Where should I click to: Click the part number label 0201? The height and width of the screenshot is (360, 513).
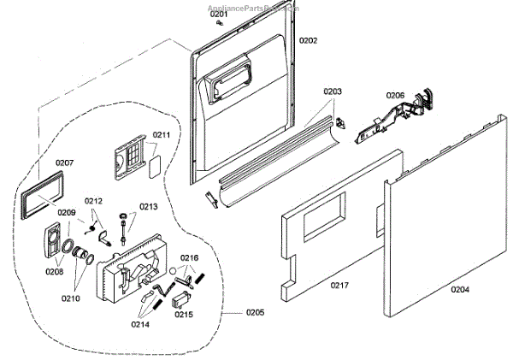point(220,15)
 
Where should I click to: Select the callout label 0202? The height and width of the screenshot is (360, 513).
point(308,40)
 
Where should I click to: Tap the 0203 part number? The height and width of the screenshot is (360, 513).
point(333,91)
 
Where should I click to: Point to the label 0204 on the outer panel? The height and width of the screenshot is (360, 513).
point(460,289)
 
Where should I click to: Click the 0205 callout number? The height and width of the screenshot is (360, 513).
point(255,312)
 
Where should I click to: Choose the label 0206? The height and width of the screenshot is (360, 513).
point(395,95)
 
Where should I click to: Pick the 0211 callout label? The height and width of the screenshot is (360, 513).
point(162,135)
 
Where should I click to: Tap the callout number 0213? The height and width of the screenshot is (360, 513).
point(149,206)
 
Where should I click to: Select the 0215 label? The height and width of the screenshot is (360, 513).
point(184,314)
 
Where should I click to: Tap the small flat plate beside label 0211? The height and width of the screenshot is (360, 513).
point(155,163)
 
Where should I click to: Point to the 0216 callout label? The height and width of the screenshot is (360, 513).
point(189,257)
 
